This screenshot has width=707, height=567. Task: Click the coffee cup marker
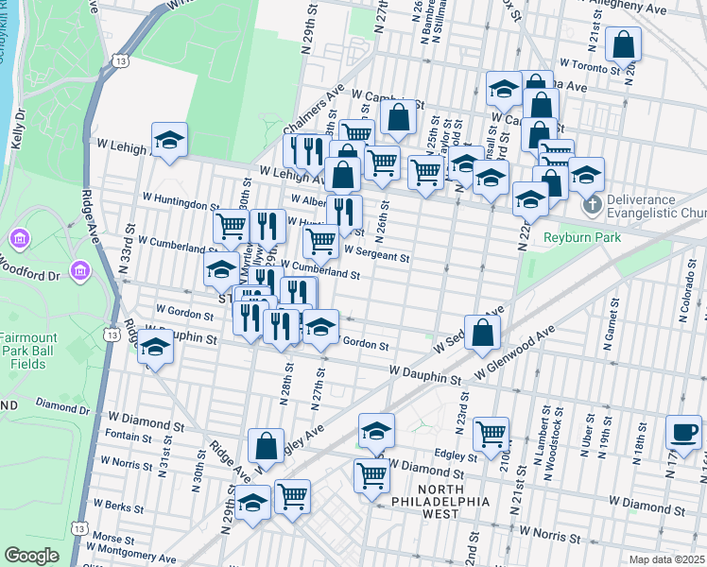[683, 432]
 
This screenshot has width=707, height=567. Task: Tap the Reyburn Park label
[582, 237]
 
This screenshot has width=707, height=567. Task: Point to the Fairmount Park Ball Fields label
[28, 352]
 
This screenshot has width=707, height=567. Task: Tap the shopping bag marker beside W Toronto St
[624, 43]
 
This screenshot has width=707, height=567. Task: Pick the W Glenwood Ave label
[514, 355]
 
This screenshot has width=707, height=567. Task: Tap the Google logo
[31, 556]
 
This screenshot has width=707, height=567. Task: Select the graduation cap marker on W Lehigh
[169, 140]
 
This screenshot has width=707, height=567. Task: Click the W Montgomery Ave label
[131, 559]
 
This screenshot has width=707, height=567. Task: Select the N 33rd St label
[133, 253]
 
